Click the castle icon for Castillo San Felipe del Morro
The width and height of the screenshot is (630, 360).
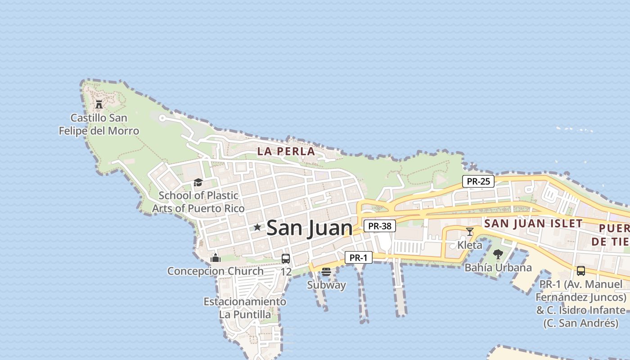(x=99, y=104)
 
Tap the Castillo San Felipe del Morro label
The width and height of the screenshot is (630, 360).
(x=99, y=125)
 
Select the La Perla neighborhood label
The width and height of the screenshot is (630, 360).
(x=286, y=152)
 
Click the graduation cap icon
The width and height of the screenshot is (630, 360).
(x=198, y=182)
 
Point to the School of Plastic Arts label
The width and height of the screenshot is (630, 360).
(x=198, y=202)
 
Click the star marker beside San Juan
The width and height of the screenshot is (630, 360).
(x=257, y=227)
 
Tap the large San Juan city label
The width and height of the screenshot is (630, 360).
(x=310, y=228)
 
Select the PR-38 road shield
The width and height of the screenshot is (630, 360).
(x=379, y=226)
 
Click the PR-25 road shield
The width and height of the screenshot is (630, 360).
(x=478, y=182)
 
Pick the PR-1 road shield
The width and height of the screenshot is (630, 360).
(x=359, y=258)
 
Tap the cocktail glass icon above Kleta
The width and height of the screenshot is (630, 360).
(x=470, y=232)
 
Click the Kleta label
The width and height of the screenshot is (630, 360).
(x=470, y=245)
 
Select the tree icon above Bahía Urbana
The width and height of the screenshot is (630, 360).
(x=498, y=254)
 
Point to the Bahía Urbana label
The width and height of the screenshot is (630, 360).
(x=498, y=268)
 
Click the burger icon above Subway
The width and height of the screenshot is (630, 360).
(x=326, y=272)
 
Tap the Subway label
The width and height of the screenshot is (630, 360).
(x=326, y=285)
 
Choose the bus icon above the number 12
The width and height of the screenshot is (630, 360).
(x=286, y=259)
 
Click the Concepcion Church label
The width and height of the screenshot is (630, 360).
(x=215, y=271)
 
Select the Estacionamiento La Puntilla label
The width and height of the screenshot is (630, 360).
(x=245, y=308)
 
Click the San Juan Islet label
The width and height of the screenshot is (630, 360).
(x=533, y=223)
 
